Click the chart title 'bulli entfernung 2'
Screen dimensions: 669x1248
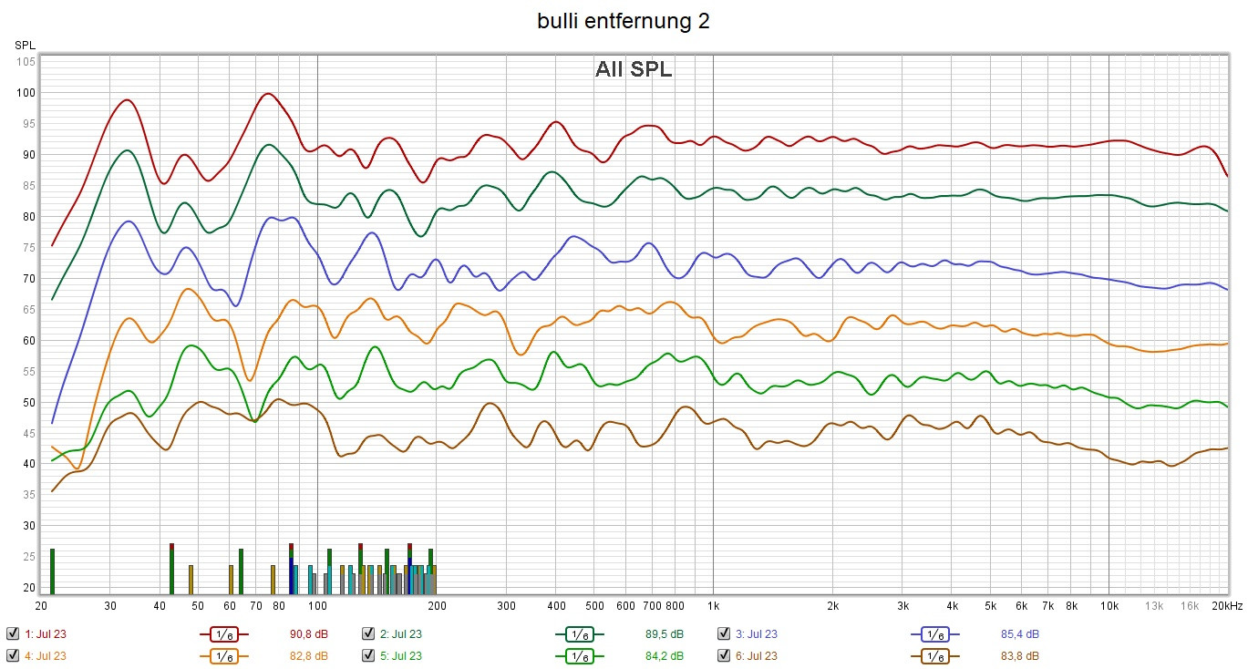[624, 22]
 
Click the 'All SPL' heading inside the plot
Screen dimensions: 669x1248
[634, 70]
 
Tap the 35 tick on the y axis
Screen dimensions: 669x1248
[28, 495]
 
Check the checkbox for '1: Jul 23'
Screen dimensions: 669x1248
[12, 633]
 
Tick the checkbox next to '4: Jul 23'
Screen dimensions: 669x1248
[12, 655]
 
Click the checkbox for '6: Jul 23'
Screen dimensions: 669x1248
[724, 655]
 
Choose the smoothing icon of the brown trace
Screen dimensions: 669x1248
[934, 655]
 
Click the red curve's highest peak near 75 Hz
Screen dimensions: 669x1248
[267, 94]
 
